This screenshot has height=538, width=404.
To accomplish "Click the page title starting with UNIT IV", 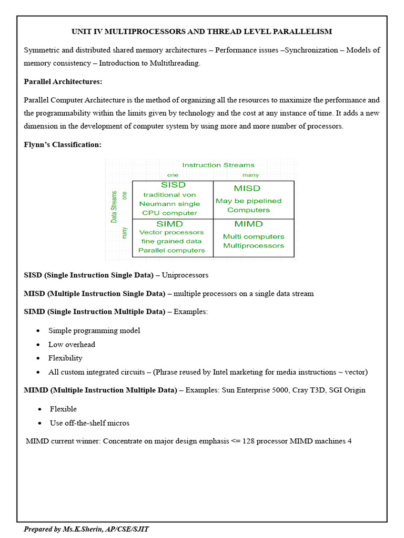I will (201, 32).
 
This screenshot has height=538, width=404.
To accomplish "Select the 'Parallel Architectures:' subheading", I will (63, 81).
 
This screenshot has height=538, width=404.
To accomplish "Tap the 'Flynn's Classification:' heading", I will (63, 144).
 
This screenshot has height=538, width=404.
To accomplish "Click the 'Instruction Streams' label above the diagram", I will (218, 165).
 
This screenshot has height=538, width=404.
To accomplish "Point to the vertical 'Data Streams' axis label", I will (114, 207).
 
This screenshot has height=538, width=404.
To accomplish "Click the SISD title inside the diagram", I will (173, 185).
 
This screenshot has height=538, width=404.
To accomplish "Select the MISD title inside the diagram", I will (247, 188).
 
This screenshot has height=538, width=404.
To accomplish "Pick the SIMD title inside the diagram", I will (170, 224).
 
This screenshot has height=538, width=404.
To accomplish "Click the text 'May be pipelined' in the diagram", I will (248, 201).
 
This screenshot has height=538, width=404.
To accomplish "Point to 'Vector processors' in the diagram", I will (171, 232).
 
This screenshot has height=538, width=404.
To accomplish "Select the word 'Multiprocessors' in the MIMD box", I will (253, 246).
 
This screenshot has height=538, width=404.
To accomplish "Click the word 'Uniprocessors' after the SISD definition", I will (185, 275).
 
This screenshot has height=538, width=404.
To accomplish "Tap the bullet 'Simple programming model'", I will (94, 331).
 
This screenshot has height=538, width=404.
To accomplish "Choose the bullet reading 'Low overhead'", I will (72, 345).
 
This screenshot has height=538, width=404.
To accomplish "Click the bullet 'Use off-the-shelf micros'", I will (89, 423).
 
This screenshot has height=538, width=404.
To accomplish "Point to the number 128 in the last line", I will (248, 441).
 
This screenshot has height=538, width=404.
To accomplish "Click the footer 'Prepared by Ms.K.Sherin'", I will (86, 529).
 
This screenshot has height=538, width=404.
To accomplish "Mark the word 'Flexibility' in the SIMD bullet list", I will (65, 358).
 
